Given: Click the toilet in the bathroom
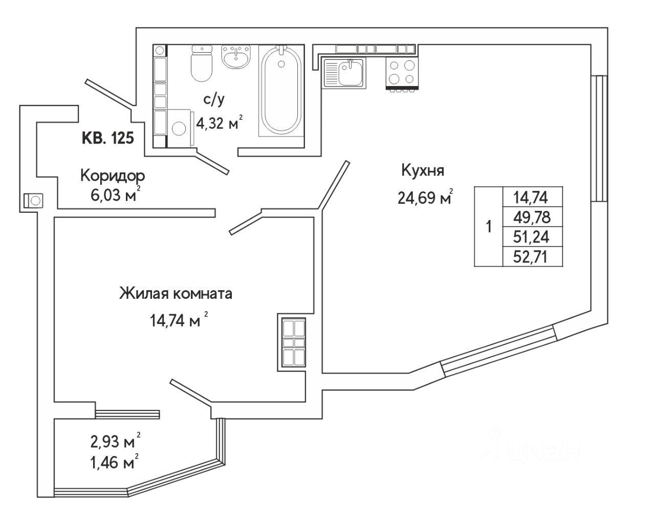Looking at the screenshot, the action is tap(201, 65).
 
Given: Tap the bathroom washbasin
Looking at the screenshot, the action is tap(236, 57).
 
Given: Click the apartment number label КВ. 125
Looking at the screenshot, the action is tap(108, 138).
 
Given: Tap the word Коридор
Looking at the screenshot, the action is tap(113, 176).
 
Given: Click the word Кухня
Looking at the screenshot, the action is tap(422, 170).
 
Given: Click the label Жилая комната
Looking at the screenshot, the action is tap(176, 294).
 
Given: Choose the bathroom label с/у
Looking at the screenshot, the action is tap(214, 100).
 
